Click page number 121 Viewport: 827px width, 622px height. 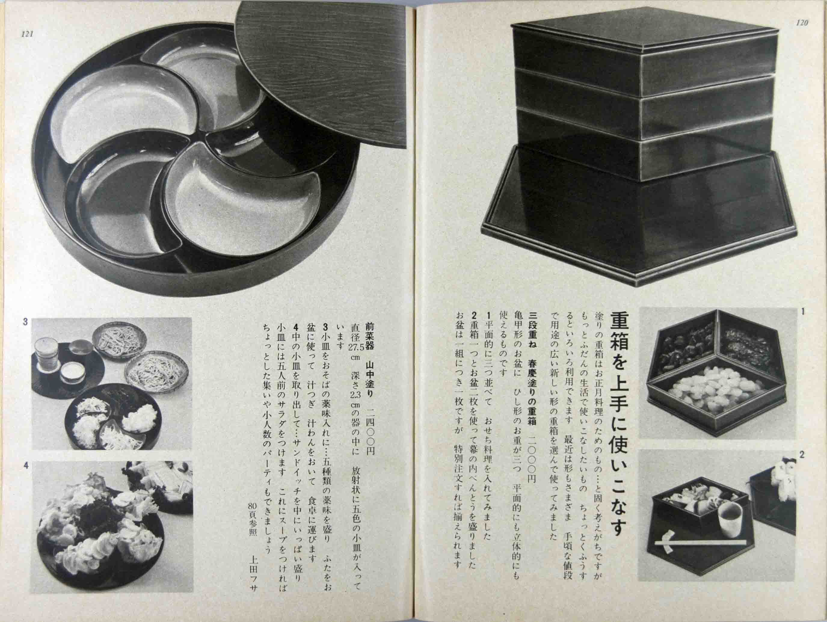pos(28,34)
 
